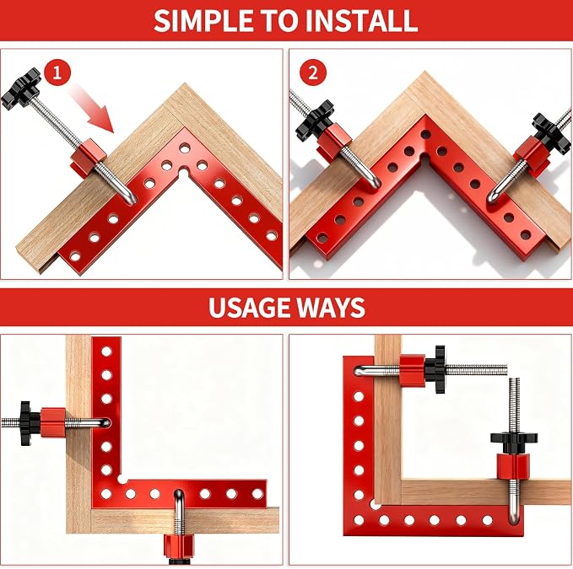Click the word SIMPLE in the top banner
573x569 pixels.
(203, 21)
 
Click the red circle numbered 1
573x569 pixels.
(57, 72)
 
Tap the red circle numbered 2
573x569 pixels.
(313, 72)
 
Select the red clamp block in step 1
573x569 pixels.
(88, 158)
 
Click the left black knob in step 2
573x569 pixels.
(315, 120)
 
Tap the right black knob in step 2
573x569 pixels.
(551, 133)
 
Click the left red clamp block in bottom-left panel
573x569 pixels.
(52, 422)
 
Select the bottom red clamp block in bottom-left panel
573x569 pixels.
(179, 547)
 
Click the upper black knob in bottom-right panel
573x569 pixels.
(440, 369)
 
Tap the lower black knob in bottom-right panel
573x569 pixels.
(513, 441)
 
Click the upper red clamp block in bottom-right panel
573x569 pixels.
(412, 371)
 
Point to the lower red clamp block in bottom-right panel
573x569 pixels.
(513, 466)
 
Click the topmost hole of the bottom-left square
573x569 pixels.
(106, 352)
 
